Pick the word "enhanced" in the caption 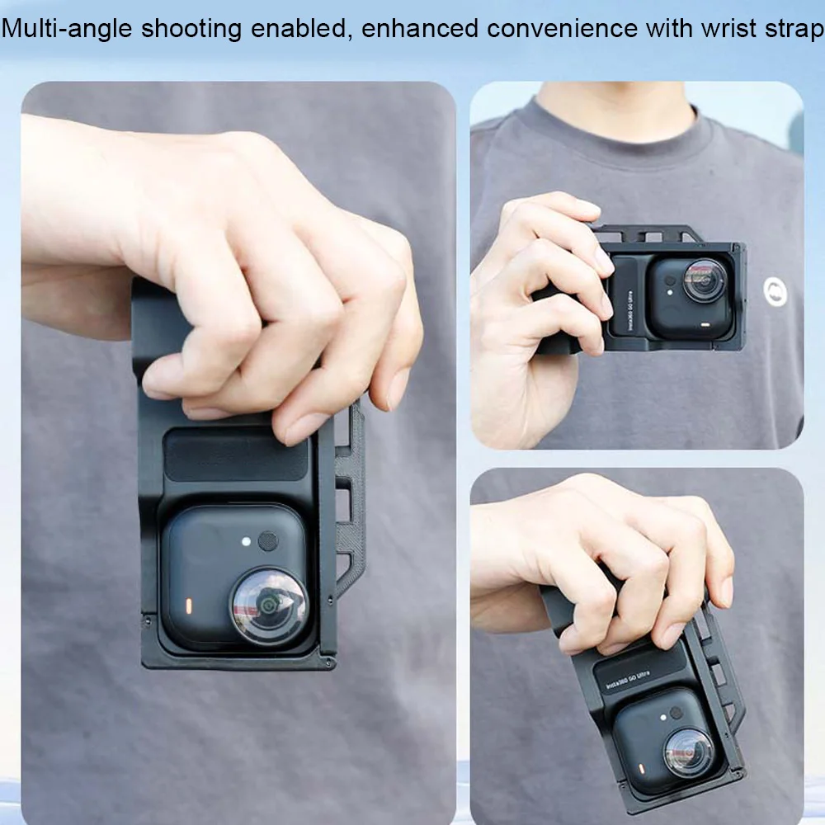point(419,28)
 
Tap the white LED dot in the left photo point(246,542)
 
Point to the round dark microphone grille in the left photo point(268,541)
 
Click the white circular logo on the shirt point(775,291)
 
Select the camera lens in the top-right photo point(705,281)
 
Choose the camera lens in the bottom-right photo point(686,752)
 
